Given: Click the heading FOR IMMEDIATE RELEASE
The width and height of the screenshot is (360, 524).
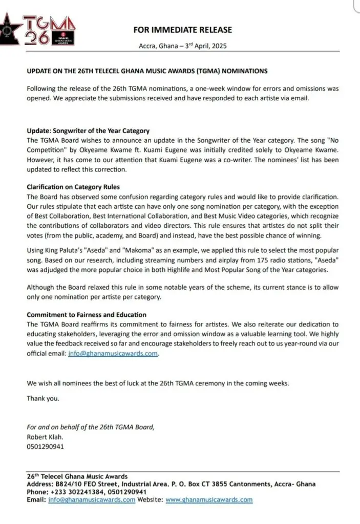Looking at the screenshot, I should [182, 30].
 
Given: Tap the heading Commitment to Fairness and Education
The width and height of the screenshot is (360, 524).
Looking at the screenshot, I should [87, 314].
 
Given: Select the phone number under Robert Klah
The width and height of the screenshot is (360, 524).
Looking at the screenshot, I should [46, 446].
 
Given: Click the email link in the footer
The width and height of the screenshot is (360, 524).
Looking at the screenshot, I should [92, 500].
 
